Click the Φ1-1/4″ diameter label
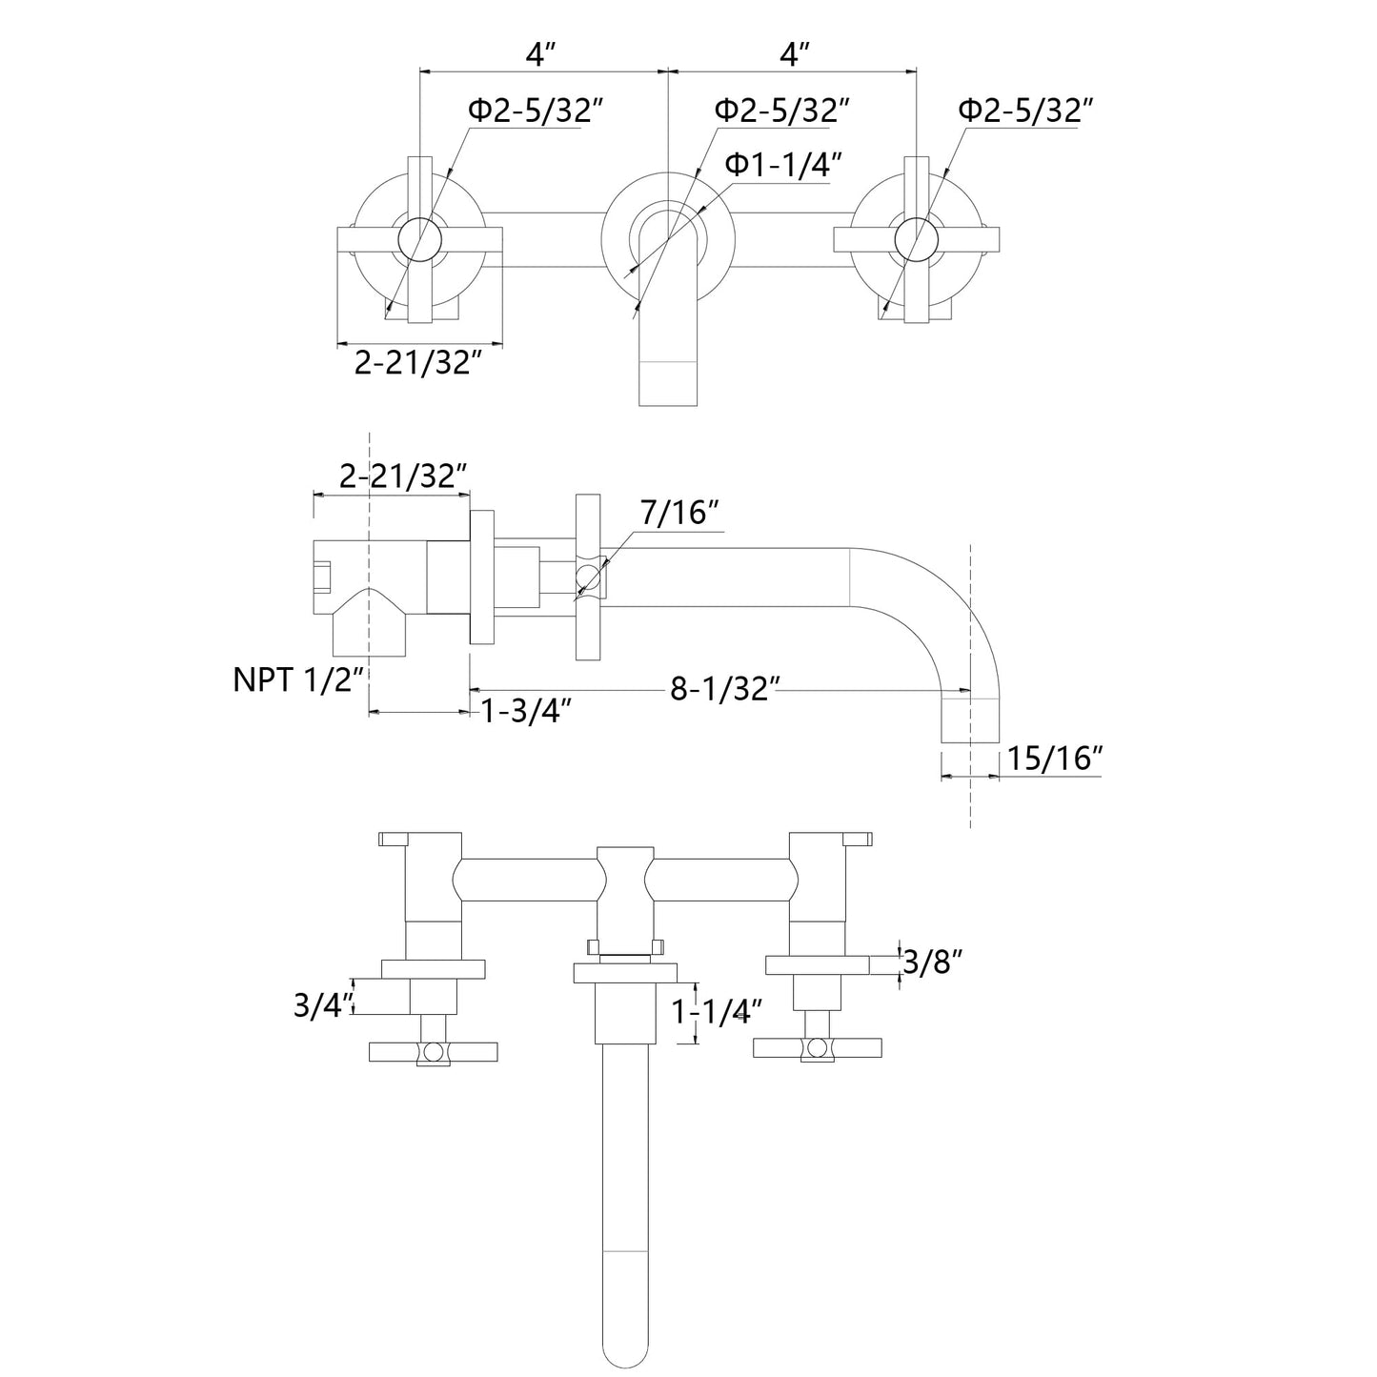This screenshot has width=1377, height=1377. coord(784,166)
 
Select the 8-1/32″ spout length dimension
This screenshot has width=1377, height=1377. coord(725,688)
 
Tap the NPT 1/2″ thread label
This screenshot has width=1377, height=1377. coord(299,680)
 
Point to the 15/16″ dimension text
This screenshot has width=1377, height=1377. coord(1055,759)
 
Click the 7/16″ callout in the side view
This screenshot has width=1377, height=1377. coord(678,514)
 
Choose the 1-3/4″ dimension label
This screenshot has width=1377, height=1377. coord(526,711)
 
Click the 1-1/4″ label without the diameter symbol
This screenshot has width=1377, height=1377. coord(718,1012)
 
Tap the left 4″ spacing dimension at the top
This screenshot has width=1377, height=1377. coord(540,55)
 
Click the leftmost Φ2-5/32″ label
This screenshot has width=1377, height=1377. coord(537,111)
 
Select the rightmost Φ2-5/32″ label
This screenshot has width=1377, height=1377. coord(1024,111)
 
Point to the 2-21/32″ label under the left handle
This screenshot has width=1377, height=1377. coord(414,362)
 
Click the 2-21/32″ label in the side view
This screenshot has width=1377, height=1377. coord(403,476)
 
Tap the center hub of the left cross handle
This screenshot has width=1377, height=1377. coord(420,239)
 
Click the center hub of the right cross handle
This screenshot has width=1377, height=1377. coord(916,239)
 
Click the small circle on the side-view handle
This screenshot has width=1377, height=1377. coord(589,575)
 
